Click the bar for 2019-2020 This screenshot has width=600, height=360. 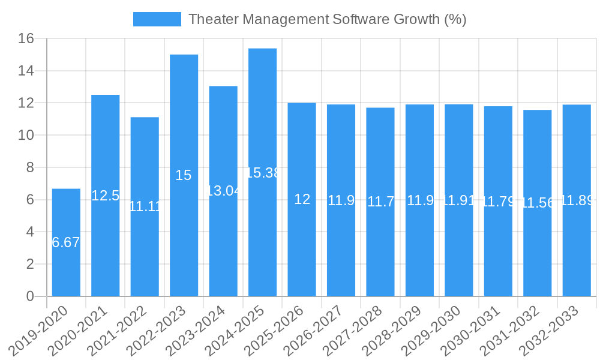tap(66, 270)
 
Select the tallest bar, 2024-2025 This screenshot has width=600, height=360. tap(262, 120)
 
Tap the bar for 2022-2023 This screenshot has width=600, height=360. tap(184, 120)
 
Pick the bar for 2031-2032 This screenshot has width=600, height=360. tap(537, 252)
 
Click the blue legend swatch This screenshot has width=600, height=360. tap(157, 19)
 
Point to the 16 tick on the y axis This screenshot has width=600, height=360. tap(26, 39)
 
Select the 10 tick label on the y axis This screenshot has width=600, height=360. tap(26, 136)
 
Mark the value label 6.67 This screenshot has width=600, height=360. tap(66, 243)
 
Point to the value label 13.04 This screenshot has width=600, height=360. tap(223, 191)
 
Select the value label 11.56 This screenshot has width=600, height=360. tap(538, 203)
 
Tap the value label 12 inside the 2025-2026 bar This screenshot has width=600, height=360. tap(302, 199)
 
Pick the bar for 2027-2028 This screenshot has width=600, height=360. tap(380, 252)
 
